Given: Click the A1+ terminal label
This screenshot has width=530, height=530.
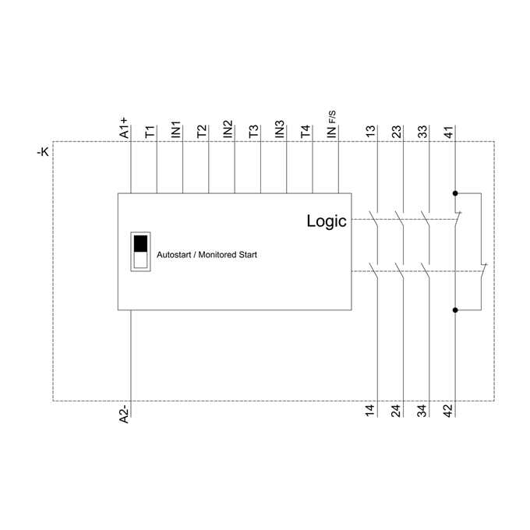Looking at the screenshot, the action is click(x=125, y=128).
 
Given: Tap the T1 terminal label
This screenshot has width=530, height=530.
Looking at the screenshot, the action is click(x=150, y=132).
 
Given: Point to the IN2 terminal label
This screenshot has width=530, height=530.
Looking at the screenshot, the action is click(x=228, y=129).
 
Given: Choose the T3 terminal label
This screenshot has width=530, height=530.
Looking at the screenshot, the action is click(x=254, y=132).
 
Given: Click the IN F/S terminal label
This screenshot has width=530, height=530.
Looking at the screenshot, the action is click(x=331, y=125).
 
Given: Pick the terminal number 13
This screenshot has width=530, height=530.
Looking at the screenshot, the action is click(x=371, y=131).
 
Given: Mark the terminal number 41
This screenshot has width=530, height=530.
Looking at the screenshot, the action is click(x=448, y=132).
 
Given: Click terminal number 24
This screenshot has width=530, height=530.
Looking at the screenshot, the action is click(x=396, y=410).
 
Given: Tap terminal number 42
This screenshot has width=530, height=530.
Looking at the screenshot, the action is click(x=448, y=410).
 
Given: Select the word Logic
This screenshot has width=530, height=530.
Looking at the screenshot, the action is click(x=327, y=221).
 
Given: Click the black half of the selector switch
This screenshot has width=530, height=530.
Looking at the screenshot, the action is click(x=140, y=244).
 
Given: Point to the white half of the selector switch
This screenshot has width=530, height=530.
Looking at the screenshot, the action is click(x=140, y=260).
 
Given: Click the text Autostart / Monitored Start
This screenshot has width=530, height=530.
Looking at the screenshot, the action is click(x=207, y=255).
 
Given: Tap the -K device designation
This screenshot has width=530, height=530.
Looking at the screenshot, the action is click(x=43, y=152).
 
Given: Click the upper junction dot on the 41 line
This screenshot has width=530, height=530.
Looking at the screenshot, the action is click(x=455, y=193).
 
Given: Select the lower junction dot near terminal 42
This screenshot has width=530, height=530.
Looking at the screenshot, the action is click(x=455, y=310).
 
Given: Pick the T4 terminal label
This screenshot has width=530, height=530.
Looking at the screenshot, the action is click(x=306, y=132).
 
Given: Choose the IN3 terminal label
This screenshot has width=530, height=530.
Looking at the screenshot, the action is click(x=280, y=129).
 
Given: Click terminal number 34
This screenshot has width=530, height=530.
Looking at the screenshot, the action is click(x=422, y=410).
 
